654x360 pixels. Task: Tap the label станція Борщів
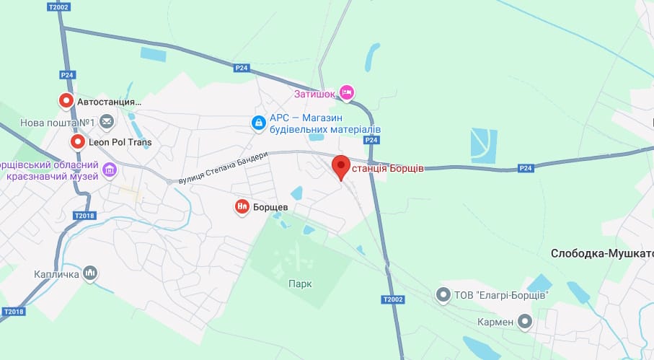point(388,169)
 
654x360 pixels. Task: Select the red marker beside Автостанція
point(66,102)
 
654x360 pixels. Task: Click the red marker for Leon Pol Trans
point(77,142)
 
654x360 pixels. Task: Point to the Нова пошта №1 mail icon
point(107,121)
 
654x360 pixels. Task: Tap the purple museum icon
point(110,170)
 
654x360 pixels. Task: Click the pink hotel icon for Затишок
point(347,92)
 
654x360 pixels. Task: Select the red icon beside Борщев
point(242,207)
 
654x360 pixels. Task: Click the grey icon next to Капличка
point(90,273)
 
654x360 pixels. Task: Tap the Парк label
point(300,284)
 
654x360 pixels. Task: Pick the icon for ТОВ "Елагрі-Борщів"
point(443,294)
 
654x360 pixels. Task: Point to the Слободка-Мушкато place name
point(601,253)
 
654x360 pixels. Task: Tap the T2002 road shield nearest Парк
point(393,299)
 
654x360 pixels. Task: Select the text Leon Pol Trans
point(120,142)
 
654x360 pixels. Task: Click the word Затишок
point(315,93)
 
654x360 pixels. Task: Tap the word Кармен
point(495,321)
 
